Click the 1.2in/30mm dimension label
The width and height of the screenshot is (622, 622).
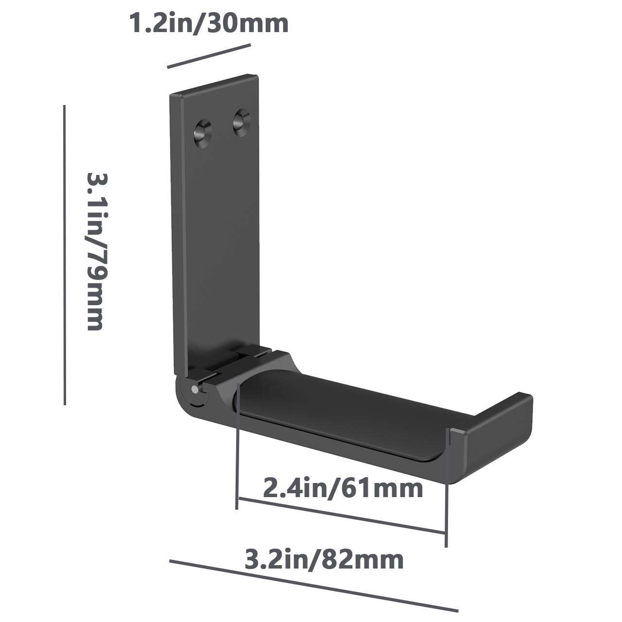(209, 23)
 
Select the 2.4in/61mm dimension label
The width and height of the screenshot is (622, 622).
(343, 489)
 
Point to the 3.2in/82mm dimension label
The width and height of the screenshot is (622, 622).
(324, 560)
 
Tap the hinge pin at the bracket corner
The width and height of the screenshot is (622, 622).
(194, 389)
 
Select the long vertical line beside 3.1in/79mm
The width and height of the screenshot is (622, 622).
(64, 255)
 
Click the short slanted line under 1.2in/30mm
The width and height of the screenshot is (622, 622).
(209, 56)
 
